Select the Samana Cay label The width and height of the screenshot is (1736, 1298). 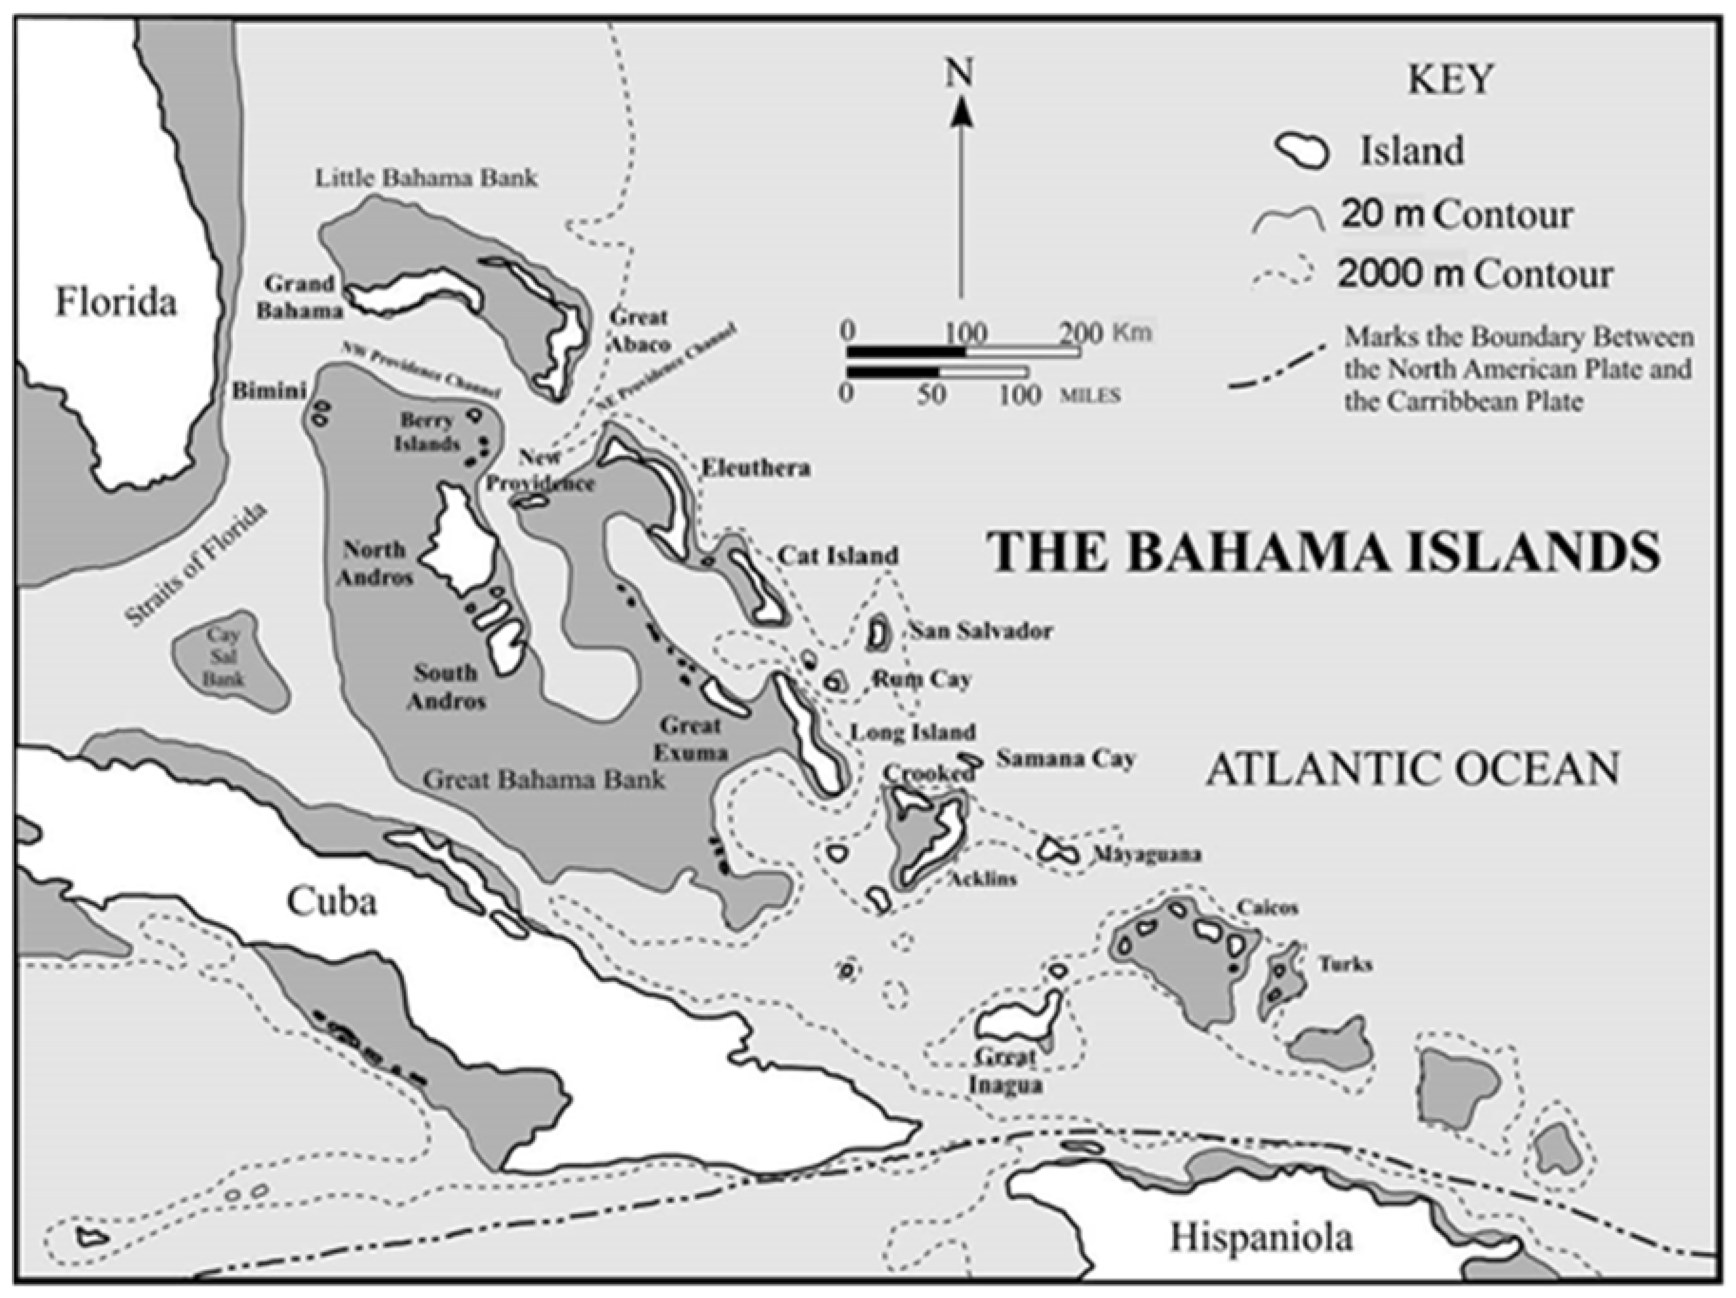click(1066, 759)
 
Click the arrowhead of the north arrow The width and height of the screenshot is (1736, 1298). click(959, 115)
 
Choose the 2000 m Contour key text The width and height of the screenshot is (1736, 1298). click(1476, 274)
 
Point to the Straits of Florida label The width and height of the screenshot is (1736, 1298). click(197, 565)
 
